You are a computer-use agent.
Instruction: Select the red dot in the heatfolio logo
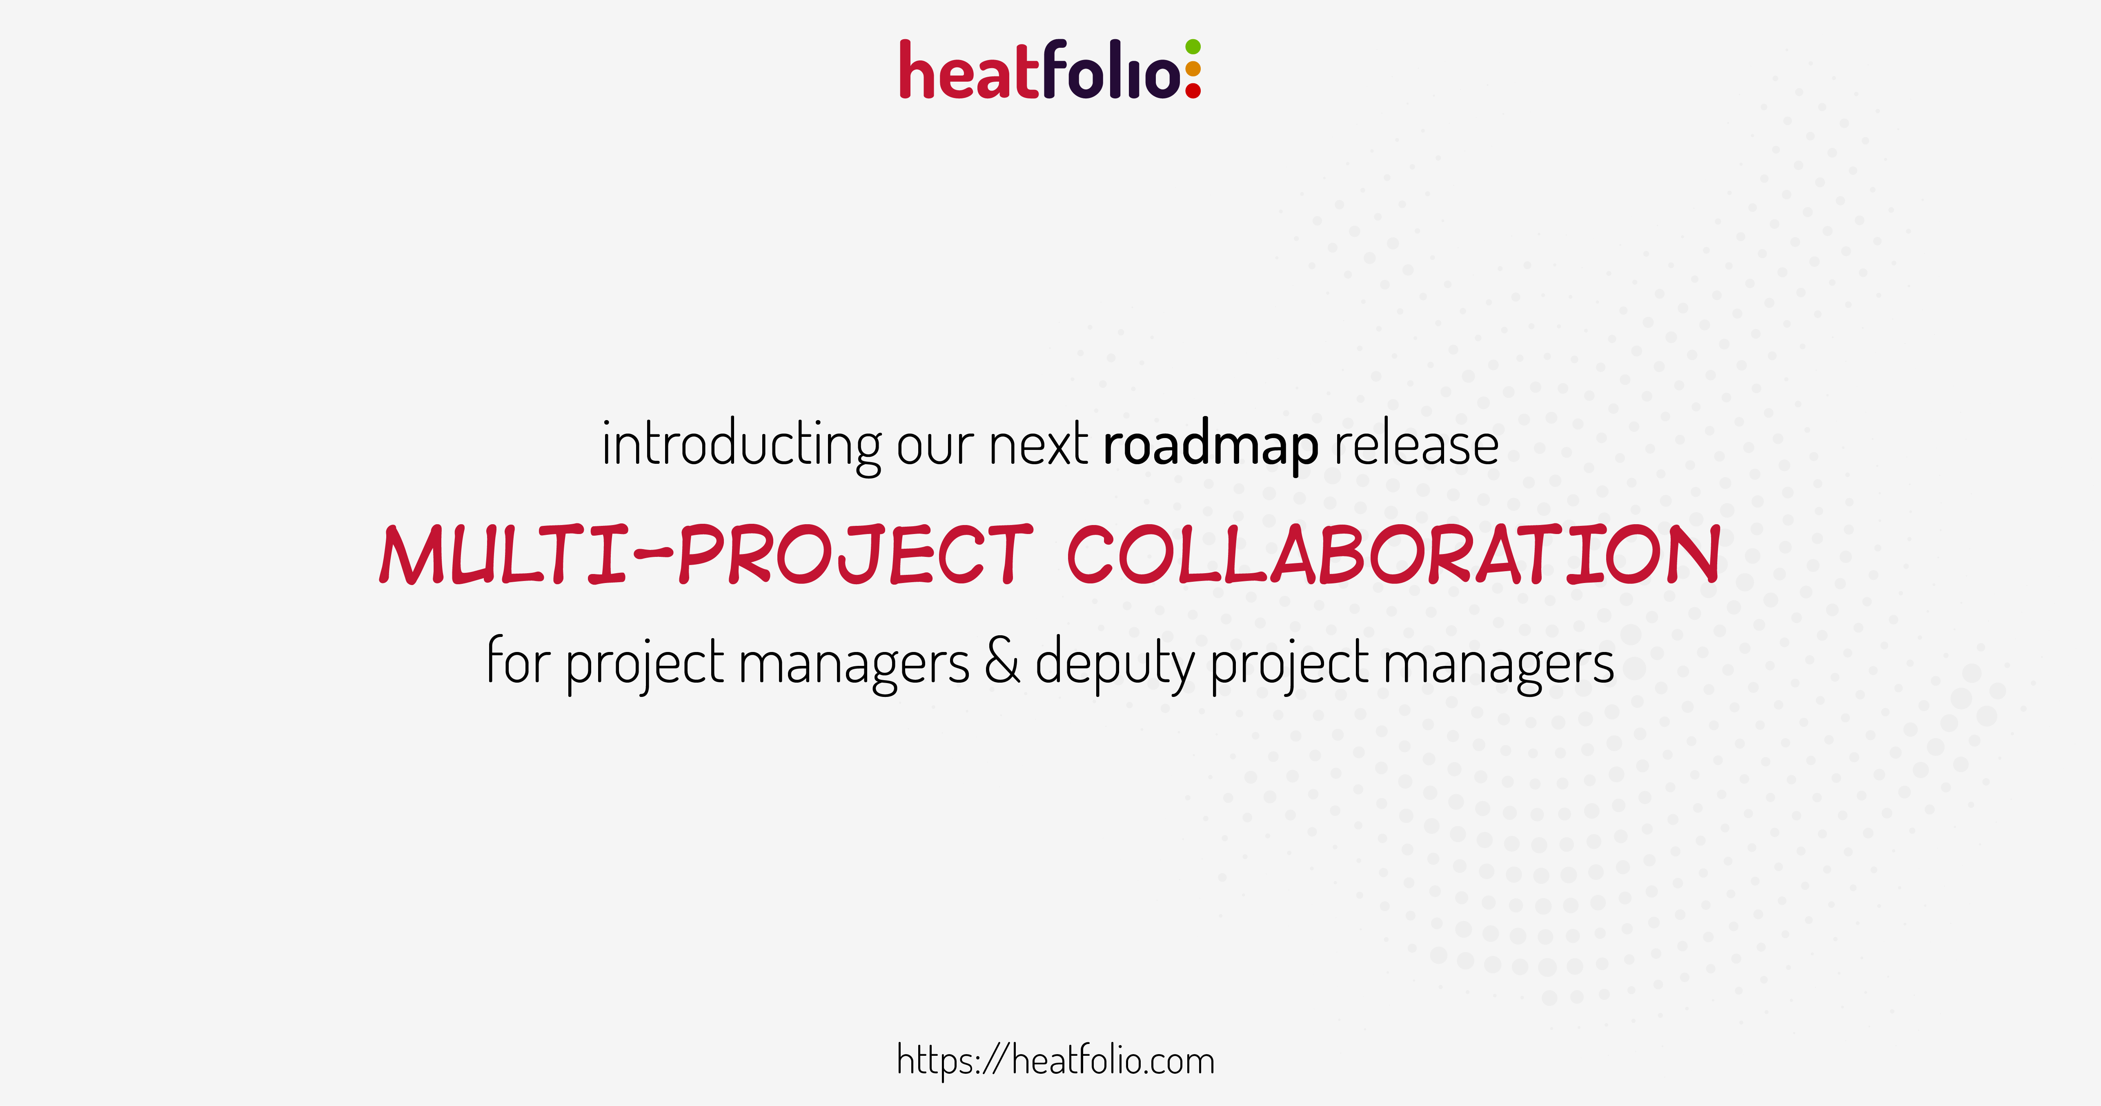pyautogui.click(x=1193, y=91)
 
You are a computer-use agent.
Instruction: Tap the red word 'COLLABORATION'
pyautogui.click(x=1394, y=554)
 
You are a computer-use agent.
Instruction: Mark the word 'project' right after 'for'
pyautogui.click(x=644, y=665)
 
